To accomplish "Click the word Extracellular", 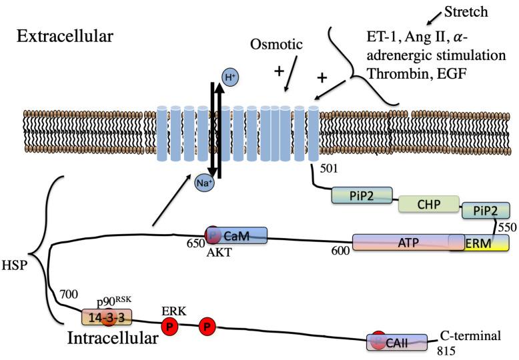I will click(x=65, y=36).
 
